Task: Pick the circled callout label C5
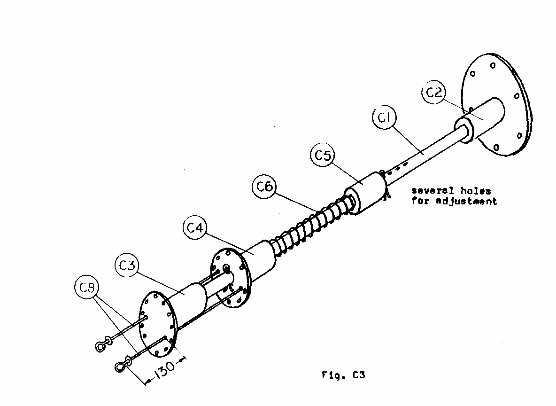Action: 323,156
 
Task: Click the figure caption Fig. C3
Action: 343,375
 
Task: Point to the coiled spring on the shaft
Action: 310,223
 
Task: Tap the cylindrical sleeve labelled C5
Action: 366,193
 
